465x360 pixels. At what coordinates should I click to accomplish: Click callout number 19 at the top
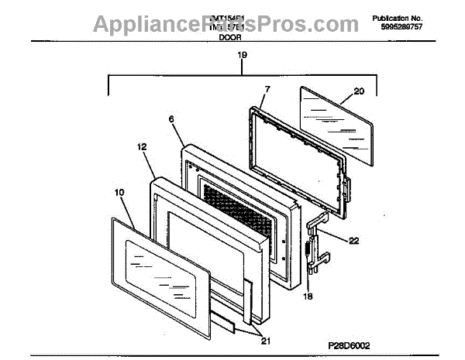[x=242, y=55]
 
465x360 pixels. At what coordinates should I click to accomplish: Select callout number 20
[x=358, y=91]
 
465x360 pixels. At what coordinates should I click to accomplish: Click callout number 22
[x=353, y=241]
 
